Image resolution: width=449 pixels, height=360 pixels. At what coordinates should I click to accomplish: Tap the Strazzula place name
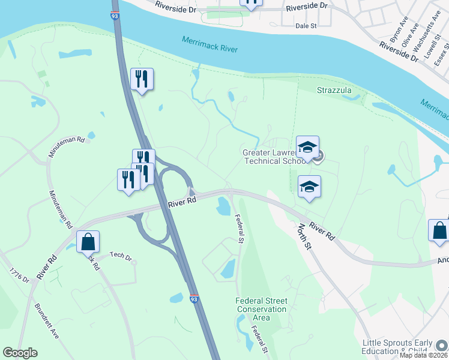point(334,91)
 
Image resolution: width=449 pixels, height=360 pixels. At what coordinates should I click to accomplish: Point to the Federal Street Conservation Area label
point(261,309)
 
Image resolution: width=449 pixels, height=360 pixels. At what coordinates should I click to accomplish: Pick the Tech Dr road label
point(120,256)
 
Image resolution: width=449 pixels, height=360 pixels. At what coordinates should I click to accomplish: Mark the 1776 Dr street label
point(19,279)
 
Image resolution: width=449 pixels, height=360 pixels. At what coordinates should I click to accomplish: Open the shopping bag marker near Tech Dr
point(88,242)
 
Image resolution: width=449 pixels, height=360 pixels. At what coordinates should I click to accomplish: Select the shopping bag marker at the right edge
point(439,230)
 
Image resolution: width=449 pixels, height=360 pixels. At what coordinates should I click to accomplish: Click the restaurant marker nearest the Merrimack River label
point(142,79)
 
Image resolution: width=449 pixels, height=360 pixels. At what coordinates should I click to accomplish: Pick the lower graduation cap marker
point(309,186)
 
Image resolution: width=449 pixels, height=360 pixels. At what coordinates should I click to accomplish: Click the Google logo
point(20,353)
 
